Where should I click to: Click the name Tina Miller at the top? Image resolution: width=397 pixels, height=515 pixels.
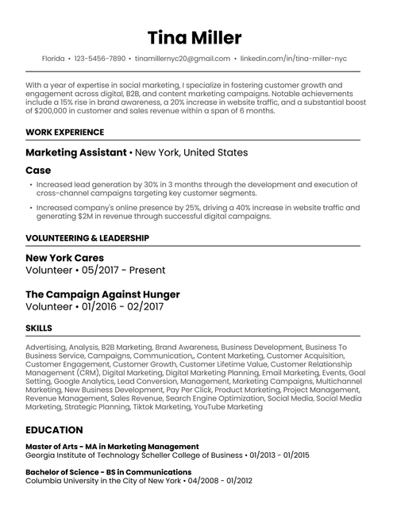pyautogui.click(x=195, y=38)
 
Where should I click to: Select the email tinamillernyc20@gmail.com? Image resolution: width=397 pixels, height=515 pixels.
pyautogui.click(x=183, y=59)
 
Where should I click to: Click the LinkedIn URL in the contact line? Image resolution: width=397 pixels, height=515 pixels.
pyautogui.click(x=293, y=59)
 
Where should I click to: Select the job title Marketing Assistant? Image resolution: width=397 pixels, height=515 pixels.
pyautogui.click(x=76, y=152)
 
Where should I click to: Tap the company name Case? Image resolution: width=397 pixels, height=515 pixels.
pyautogui.click(x=38, y=171)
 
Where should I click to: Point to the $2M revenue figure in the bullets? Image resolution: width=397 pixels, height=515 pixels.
pyautogui.click(x=92, y=216)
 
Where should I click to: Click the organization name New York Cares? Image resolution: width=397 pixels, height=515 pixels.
pyautogui.click(x=65, y=258)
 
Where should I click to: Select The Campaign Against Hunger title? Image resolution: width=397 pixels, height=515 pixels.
pyautogui.click(x=102, y=294)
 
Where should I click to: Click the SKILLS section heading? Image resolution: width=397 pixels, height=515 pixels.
pyautogui.click(x=39, y=328)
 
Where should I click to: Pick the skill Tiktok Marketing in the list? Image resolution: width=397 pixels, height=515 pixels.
pyautogui.click(x=159, y=407)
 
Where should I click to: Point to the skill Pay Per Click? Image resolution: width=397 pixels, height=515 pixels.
pyautogui.click(x=174, y=390)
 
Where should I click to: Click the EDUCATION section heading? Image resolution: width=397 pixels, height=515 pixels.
pyautogui.click(x=54, y=430)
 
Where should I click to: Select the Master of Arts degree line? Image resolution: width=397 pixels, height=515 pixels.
pyautogui.click(x=112, y=447)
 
